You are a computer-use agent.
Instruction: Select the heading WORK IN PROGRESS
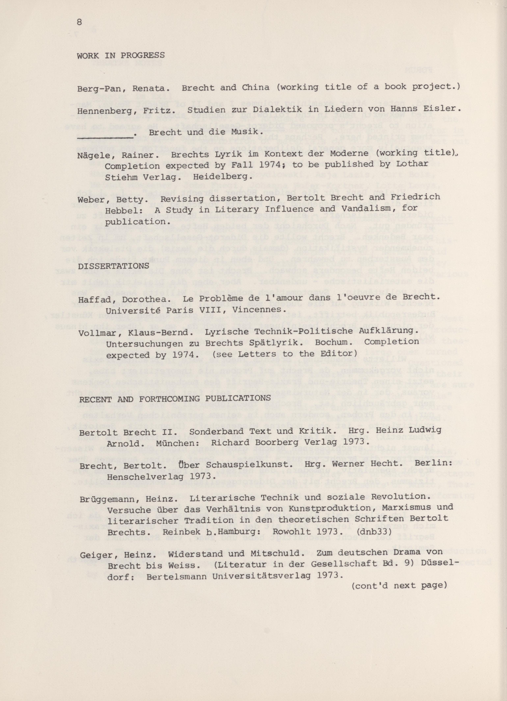[x=121, y=56]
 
